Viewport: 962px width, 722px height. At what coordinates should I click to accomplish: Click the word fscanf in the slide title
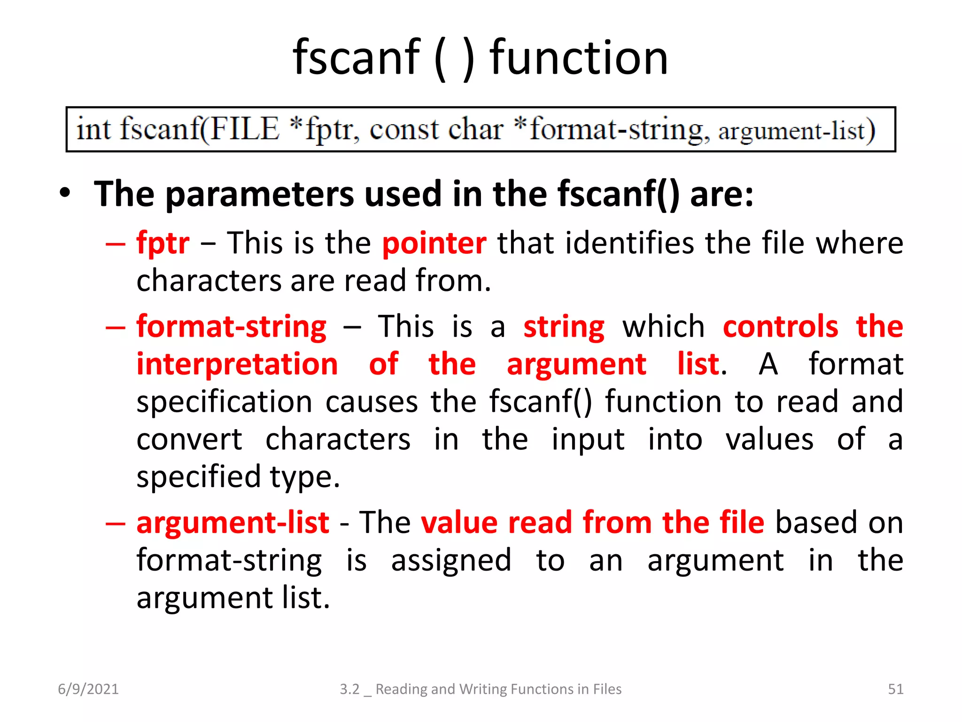click(356, 58)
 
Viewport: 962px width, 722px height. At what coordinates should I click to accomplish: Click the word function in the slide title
click(579, 58)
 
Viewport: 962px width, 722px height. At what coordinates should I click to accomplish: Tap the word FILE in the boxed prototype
click(244, 129)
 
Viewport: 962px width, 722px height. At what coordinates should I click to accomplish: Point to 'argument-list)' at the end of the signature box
click(797, 131)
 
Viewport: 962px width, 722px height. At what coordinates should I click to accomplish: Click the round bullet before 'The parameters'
click(65, 193)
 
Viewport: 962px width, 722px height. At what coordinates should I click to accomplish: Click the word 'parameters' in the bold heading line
click(259, 194)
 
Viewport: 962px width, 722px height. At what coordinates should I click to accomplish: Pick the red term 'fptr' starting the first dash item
click(163, 243)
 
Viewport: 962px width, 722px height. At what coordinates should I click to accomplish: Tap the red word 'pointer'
click(434, 243)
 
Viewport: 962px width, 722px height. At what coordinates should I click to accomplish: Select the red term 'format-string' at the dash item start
click(231, 327)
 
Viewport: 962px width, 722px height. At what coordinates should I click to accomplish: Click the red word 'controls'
click(780, 326)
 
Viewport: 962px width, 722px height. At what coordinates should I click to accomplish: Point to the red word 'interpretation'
click(237, 364)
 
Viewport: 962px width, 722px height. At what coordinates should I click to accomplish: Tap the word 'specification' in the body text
click(224, 402)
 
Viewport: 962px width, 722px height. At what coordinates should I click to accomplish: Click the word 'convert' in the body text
click(189, 439)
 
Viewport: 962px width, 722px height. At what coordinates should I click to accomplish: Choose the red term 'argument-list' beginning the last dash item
click(233, 523)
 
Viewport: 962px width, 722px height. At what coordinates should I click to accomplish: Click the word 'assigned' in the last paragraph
click(451, 560)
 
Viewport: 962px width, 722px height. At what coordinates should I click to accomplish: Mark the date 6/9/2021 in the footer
click(88, 689)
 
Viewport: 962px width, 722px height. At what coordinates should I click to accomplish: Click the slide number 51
click(895, 689)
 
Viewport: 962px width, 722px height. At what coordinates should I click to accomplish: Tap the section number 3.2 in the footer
click(349, 689)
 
